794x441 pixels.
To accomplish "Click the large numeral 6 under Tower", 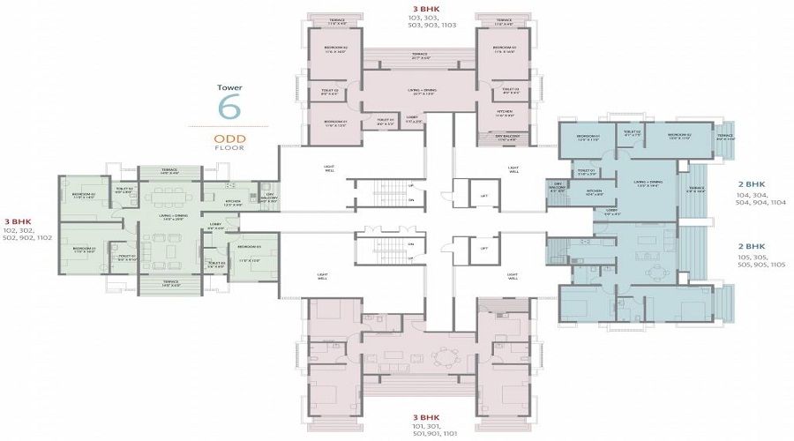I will (229, 106).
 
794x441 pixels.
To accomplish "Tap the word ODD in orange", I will (229, 138).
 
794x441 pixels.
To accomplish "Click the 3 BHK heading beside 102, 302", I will (19, 221).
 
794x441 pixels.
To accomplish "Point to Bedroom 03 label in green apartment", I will (247, 247).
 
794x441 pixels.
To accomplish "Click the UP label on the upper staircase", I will (411, 186).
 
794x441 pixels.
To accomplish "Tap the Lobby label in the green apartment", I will (214, 225).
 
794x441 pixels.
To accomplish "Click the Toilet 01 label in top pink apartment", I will (385, 121).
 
